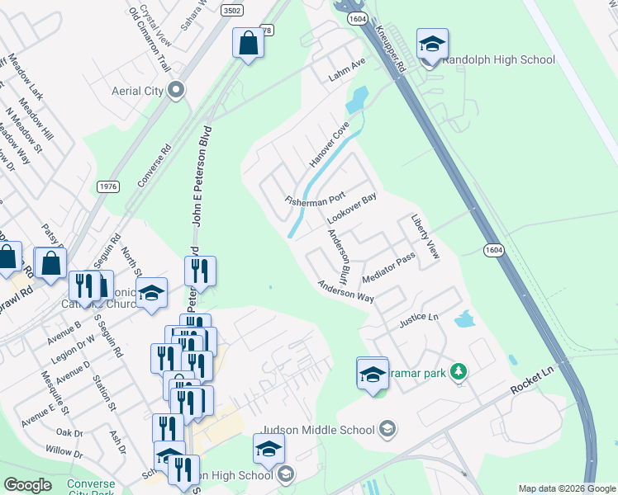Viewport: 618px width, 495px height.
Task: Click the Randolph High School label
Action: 499,59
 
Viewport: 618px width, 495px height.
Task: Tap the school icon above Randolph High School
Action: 432,45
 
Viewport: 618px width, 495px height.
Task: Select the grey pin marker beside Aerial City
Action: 175,91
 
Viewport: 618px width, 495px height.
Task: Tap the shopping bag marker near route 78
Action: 248,45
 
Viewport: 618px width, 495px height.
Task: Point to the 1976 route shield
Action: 107,186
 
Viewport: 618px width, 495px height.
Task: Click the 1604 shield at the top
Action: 358,16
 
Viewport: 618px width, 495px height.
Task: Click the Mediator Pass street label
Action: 387,269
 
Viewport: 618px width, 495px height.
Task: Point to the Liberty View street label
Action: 425,239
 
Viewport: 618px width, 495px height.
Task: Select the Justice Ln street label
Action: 418,318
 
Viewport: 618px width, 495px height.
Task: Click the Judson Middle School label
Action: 318,429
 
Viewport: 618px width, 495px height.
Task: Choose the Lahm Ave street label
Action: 346,65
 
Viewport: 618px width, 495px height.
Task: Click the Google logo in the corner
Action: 28,485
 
